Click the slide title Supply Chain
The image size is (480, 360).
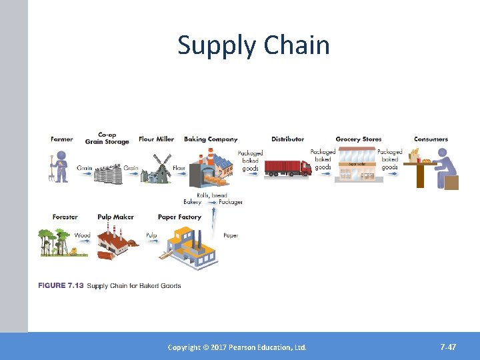[x=253, y=45]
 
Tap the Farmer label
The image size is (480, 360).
[x=62, y=139]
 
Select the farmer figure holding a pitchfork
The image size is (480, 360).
[x=60, y=166]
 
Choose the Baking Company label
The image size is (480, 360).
[x=211, y=139]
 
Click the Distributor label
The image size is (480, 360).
[x=288, y=139]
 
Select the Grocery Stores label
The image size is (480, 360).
[x=359, y=139]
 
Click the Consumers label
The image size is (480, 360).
[x=431, y=139]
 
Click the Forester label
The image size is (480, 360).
[x=65, y=217]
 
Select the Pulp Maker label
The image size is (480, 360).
[x=115, y=217]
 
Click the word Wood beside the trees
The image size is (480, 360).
[x=82, y=235]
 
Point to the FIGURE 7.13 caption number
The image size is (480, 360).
[x=61, y=286]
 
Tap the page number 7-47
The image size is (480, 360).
[x=448, y=347]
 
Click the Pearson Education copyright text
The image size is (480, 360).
[x=237, y=347]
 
